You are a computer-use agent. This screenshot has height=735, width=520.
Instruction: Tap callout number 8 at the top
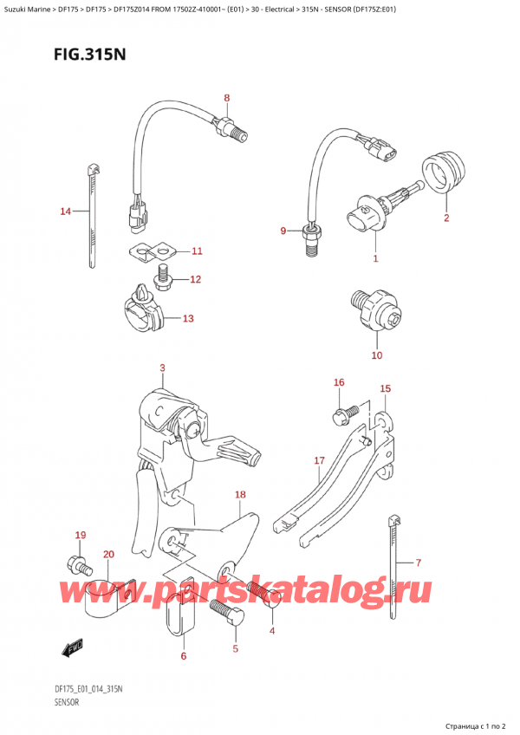click(x=227, y=98)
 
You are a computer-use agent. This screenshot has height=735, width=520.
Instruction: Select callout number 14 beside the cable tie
click(x=66, y=211)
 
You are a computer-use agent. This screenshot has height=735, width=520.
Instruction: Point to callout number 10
click(x=376, y=354)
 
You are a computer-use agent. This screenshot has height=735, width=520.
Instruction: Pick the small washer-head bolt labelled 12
click(x=161, y=278)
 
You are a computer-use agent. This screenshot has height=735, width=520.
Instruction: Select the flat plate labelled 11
click(x=153, y=252)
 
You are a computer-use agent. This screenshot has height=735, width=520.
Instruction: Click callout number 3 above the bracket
click(x=162, y=368)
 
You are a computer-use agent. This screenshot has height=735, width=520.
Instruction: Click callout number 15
click(x=386, y=389)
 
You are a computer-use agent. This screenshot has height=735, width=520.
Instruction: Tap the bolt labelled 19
click(x=75, y=565)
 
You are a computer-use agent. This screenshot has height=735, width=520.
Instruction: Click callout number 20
click(x=108, y=554)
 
